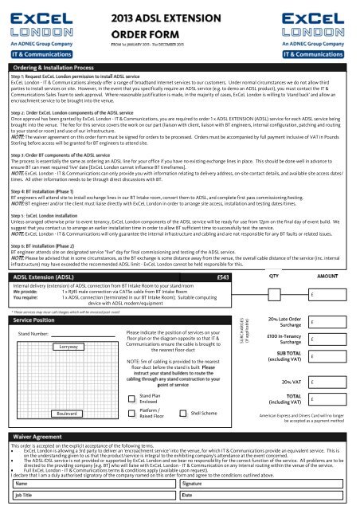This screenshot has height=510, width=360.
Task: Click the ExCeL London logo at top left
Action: pyautogui.click(x=41, y=24)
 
